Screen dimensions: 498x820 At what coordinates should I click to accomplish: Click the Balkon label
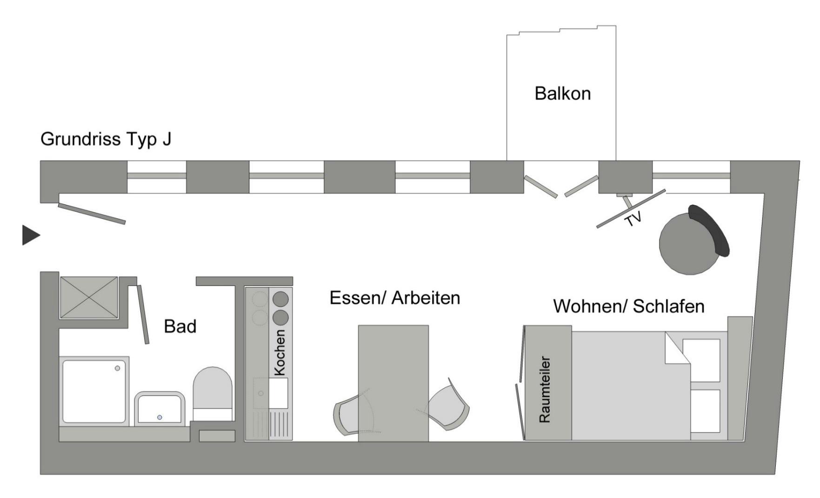(x=562, y=94)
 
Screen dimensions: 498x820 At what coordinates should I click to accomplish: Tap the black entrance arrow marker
(x=30, y=235)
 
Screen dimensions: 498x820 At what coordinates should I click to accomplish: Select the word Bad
(x=180, y=327)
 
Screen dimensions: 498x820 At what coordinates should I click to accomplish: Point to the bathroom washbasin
(x=160, y=409)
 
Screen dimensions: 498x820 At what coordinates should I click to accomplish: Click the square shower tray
(x=94, y=390)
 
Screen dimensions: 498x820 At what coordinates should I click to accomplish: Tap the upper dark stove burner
(x=280, y=299)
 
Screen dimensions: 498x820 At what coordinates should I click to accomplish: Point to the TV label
(x=633, y=218)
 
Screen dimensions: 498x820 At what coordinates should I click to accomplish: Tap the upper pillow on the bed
(x=701, y=361)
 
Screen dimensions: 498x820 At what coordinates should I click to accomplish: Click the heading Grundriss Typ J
(x=106, y=139)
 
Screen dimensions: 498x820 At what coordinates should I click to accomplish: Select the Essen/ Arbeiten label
(x=394, y=298)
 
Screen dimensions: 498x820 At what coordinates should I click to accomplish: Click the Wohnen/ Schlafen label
(x=628, y=306)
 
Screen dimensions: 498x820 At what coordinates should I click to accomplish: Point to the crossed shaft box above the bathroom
(x=89, y=297)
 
